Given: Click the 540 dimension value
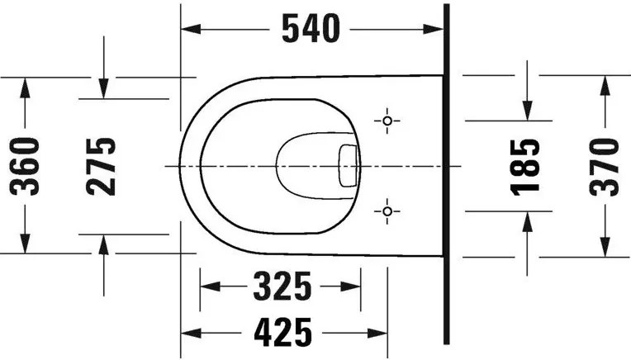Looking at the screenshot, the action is click(x=311, y=28).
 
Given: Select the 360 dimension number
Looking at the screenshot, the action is click(x=25, y=166).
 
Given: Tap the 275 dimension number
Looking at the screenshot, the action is click(x=101, y=167).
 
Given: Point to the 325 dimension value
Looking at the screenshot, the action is click(x=282, y=286).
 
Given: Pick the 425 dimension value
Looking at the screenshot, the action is click(x=283, y=332).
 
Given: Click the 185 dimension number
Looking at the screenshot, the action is click(x=524, y=168).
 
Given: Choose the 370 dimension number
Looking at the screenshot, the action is click(x=604, y=167).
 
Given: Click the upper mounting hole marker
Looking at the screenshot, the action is click(x=387, y=121).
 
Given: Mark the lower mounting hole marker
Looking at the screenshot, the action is click(x=387, y=211).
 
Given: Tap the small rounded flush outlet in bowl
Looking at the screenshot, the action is click(x=348, y=166).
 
